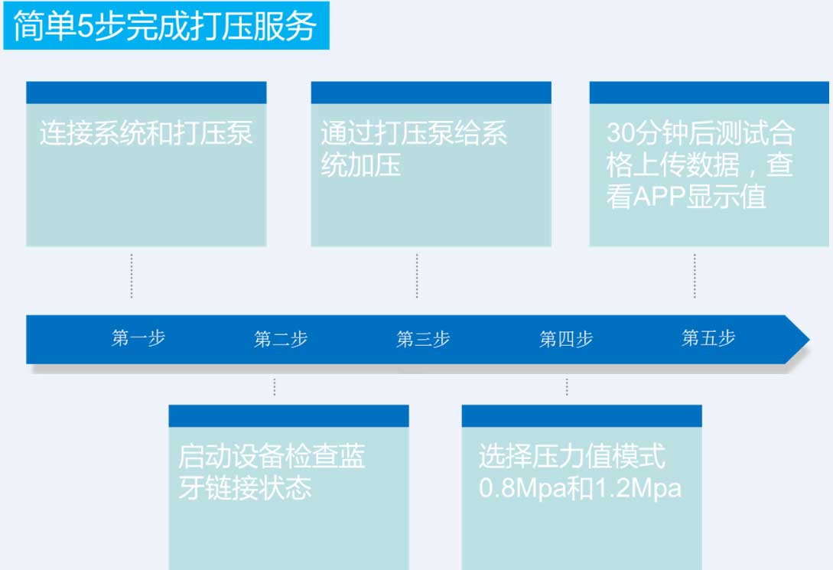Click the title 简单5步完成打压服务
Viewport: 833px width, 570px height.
click(x=164, y=25)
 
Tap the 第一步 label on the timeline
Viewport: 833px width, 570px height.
click(x=138, y=338)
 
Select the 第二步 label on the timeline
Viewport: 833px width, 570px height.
click(x=281, y=338)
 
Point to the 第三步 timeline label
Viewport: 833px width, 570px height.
click(x=424, y=338)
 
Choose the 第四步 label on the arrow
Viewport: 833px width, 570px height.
click(x=566, y=338)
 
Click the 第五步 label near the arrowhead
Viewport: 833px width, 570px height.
click(x=708, y=338)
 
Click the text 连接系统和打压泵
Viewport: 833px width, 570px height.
click(x=146, y=133)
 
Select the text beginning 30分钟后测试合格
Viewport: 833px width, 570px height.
click(x=701, y=164)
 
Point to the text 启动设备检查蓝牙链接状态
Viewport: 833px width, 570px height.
click(x=272, y=472)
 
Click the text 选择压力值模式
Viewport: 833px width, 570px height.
click(x=571, y=456)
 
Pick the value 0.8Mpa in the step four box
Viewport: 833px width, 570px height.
click(x=522, y=488)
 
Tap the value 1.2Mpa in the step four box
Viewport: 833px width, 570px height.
click(x=637, y=488)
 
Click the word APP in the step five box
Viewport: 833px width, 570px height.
click(x=659, y=197)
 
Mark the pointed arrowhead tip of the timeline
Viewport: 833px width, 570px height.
click(x=809, y=339)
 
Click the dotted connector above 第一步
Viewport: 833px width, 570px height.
click(x=132, y=275)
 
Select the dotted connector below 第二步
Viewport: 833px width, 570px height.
click(x=274, y=386)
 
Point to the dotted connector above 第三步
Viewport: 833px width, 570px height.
click(x=417, y=275)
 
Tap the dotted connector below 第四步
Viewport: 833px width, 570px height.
click(x=567, y=386)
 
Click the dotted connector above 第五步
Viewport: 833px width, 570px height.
click(x=695, y=275)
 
